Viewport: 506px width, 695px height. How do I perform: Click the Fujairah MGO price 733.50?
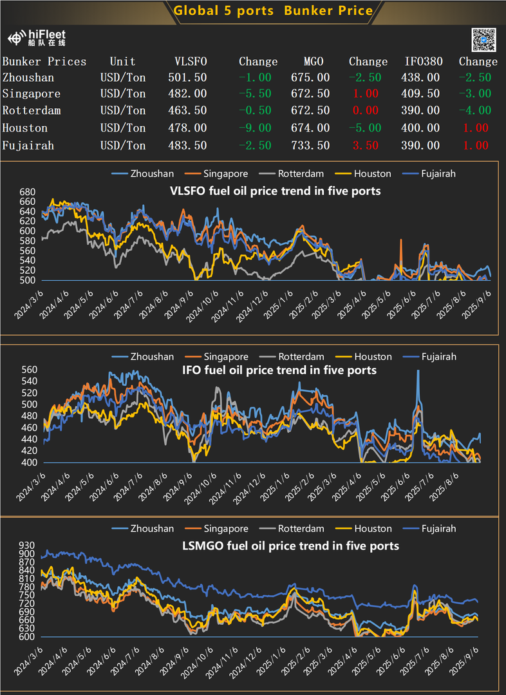point(308,146)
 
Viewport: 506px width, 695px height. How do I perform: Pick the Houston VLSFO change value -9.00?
point(258,128)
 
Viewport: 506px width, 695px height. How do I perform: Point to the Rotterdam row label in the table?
point(32,111)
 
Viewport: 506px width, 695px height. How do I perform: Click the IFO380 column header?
point(422,62)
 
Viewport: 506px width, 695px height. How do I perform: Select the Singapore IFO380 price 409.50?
point(422,94)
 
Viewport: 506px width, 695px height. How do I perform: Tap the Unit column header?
point(122,62)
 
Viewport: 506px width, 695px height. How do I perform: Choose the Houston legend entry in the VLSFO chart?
point(366,174)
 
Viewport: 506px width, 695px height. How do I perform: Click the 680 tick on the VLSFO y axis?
point(27,193)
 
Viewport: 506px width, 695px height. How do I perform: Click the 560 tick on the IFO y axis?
point(27,370)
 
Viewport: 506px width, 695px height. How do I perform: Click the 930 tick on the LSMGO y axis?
point(27,545)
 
